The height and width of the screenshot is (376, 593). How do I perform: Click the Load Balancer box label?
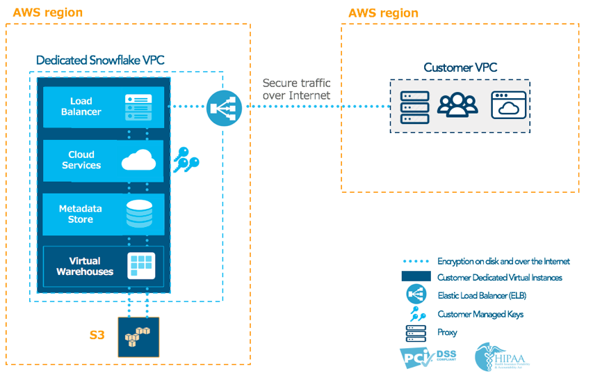pos(81,107)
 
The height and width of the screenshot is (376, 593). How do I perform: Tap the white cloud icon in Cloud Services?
pos(138,160)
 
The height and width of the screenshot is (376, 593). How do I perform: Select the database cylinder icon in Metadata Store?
pos(139,214)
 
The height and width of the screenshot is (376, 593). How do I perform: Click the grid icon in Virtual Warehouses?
pos(140,266)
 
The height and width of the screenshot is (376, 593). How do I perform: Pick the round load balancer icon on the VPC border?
pos(224,107)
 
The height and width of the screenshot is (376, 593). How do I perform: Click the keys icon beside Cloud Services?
pos(185,159)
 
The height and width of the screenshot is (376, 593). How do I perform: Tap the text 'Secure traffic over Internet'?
pos(296,89)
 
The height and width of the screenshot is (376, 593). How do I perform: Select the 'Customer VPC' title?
pos(460,68)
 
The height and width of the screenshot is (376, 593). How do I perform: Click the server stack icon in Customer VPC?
pos(414,107)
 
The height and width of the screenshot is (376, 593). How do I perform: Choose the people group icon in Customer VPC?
pos(457,105)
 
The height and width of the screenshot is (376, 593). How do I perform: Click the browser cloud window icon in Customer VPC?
pos(508,105)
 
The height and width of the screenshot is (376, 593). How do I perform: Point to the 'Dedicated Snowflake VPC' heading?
pos(100,60)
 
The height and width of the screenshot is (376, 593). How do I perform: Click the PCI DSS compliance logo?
pos(428,357)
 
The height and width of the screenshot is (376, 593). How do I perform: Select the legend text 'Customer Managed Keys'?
pos(480,314)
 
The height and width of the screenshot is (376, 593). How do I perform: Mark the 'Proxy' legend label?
pos(447,332)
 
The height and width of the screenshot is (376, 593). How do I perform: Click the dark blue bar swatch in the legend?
pos(416,276)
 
